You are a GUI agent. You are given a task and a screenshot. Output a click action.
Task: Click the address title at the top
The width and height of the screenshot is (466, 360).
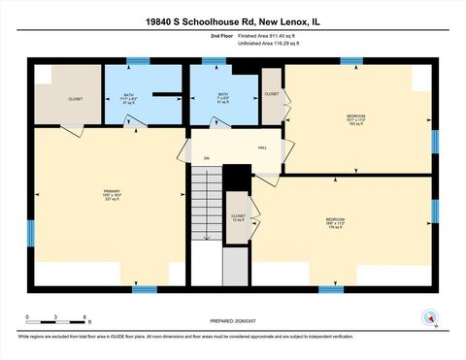[x=233, y=20]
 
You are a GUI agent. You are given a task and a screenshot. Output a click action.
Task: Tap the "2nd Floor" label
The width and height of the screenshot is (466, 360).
[x=222, y=36]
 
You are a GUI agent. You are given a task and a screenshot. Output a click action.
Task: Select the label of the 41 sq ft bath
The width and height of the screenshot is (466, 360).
[x=223, y=97]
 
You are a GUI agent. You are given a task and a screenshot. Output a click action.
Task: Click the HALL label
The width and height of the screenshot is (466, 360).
[x=262, y=147]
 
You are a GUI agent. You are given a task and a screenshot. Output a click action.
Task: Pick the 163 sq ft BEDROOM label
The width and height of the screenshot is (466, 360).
[x=355, y=119]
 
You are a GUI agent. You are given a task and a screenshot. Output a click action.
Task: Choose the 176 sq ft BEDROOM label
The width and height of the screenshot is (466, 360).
[x=335, y=223]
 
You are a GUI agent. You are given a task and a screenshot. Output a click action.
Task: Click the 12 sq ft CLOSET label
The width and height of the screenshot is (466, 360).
[x=238, y=217]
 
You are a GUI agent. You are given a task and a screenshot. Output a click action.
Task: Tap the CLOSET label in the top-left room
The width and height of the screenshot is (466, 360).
[x=76, y=99]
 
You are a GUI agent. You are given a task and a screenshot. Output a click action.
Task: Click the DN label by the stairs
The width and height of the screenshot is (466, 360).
[x=206, y=158]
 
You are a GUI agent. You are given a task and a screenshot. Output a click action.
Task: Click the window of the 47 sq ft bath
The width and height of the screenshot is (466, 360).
[x=139, y=62]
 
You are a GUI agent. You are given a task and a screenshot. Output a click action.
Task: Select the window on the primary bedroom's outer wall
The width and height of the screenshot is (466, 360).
[x=30, y=232]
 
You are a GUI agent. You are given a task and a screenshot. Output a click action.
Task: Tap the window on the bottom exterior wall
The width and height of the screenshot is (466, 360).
[x=331, y=288]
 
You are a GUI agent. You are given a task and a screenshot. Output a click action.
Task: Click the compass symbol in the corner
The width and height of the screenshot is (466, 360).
[x=427, y=317]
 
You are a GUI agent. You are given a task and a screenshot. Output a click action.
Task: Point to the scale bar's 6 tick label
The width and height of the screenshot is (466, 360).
[x=86, y=317]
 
